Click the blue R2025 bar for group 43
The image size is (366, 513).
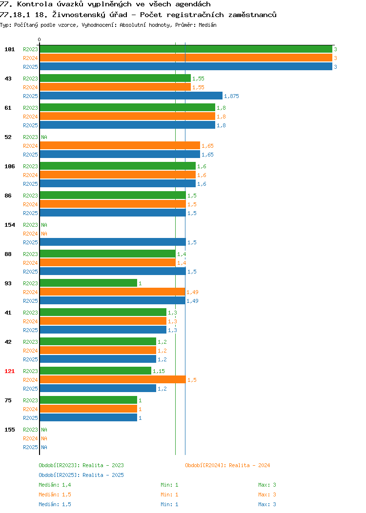[x=131, y=96]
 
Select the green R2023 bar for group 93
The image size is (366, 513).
[x=88, y=283]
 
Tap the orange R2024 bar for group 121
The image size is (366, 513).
[x=113, y=379]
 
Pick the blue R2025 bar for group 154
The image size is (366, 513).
[x=113, y=242]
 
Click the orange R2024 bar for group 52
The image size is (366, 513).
[x=120, y=146]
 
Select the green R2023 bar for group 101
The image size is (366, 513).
[x=186, y=49]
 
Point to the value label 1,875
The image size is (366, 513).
[x=231, y=96]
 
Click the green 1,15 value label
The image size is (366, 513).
[x=159, y=371]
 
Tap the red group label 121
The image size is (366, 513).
[x=9, y=371]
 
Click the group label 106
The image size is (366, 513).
[x=9, y=166]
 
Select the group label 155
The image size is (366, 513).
[x=9, y=430]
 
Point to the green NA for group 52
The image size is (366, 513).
[x=44, y=137]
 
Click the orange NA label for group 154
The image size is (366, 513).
[x=44, y=234]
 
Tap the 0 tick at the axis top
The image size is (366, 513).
[x=40, y=39]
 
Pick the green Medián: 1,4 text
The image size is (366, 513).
[x=55, y=485]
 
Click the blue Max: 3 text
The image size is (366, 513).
[x=267, y=505]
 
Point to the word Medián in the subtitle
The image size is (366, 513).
[x=207, y=25]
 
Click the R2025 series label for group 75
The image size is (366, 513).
[x=30, y=418]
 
